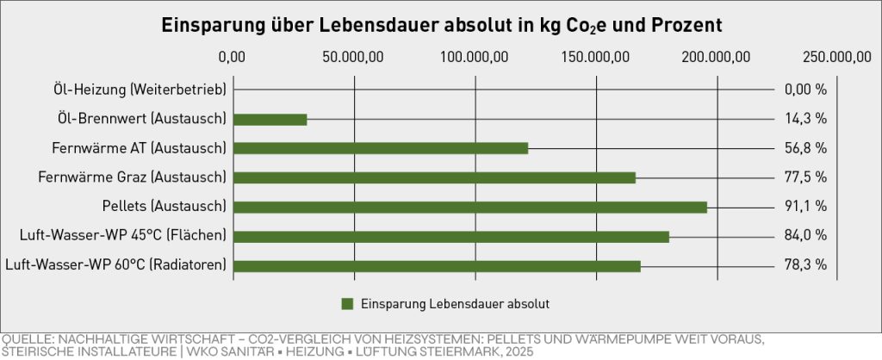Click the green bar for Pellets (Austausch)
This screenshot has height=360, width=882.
click(x=469, y=207)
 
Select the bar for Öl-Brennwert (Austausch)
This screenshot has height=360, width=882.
click(x=270, y=119)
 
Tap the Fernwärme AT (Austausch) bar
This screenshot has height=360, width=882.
click(x=380, y=148)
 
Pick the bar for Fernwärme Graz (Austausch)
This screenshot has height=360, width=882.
click(x=434, y=177)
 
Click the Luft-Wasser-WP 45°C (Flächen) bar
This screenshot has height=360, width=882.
click(x=450, y=236)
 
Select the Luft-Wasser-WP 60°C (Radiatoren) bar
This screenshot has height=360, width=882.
click(x=437, y=265)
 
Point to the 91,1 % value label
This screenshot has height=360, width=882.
click(x=805, y=207)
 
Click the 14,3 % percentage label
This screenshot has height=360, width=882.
click(x=805, y=119)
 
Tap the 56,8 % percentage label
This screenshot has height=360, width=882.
click(x=805, y=148)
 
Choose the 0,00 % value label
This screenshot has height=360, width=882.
click(x=805, y=90)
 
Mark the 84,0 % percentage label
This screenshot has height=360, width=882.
click(x=805, y=236)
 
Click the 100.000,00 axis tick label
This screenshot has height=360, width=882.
click(x=475, y=58)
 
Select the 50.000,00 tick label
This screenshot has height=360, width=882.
click(x=354, y=58)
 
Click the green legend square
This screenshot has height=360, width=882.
click(x=347, y=303)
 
